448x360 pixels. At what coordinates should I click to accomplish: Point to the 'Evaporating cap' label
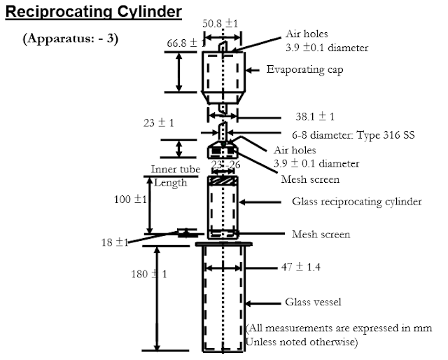304,70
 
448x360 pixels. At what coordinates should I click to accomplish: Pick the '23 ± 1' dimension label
158,123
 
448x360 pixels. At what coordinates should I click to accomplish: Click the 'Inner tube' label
176,170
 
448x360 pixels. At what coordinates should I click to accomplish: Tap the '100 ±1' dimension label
130,200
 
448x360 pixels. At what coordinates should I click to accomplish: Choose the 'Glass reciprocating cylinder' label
356,202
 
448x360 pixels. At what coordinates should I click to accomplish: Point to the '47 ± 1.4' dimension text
293,268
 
